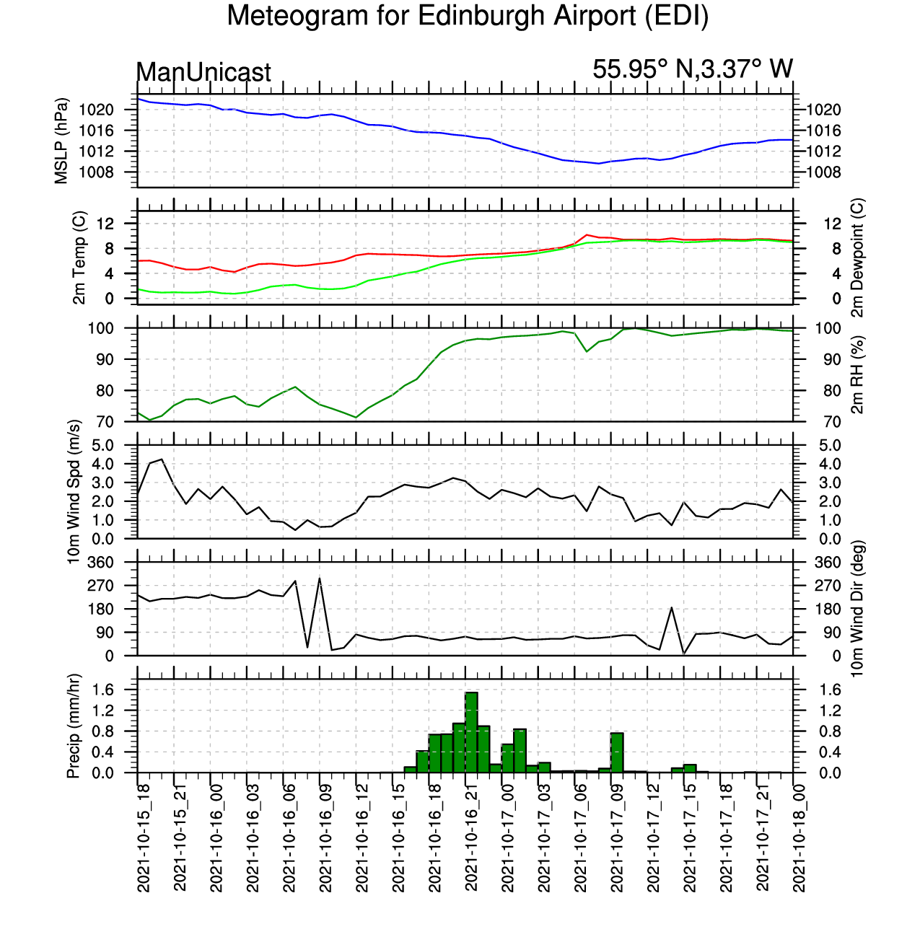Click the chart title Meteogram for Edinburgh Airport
tap(468, 16)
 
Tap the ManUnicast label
tap(203, 72)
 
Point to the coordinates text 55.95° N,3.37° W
tap(693, 69)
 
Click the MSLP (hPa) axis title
tap(61, 141)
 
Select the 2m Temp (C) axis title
tap(79, 258)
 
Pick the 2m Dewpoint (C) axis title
tap(857, 258)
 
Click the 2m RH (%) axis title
tap(857, 374)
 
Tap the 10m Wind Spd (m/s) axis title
tap(74, 492)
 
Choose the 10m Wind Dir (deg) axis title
tap(857, 609)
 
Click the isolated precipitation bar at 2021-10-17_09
tap(617, 752)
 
